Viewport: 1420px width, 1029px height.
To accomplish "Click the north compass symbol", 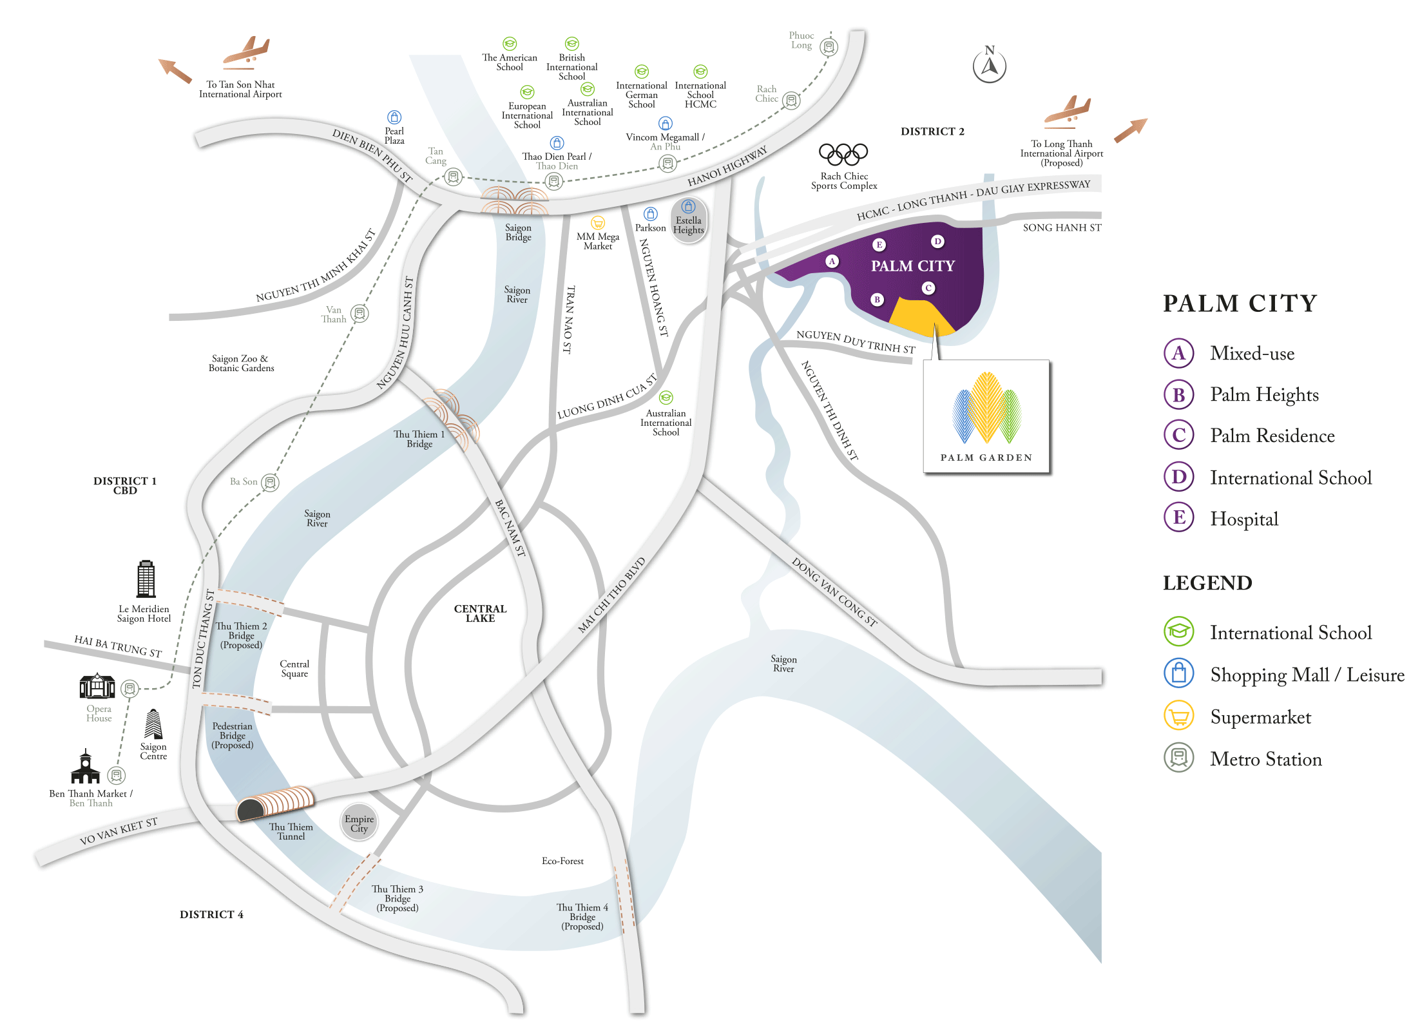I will click(x=989, y=65).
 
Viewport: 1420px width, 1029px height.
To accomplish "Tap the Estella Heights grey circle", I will click(x=689, y=221).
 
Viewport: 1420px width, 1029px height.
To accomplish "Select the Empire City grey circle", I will click(x=359, y=822).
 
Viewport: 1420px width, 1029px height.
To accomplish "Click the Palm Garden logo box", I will click(x=986, y=416).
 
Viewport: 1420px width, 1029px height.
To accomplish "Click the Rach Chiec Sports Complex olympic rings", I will click(x=843, y=154).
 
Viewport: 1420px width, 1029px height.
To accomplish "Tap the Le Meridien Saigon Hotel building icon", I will click(x=146, y=579).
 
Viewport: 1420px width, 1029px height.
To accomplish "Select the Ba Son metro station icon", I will click(x=271, y=482).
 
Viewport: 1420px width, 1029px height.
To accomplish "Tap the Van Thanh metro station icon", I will click(x=360, y=314).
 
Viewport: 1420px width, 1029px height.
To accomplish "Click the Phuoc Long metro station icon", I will click(x=829, y=47).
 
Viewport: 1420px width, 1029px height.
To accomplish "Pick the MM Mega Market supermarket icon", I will click(x=598, y=223).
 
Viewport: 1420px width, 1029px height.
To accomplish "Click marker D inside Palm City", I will click(x=937, y=242).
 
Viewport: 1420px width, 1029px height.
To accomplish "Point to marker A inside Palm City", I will click(x=832, y=261).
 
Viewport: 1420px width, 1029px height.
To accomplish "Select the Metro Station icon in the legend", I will click(x=1178, y=758).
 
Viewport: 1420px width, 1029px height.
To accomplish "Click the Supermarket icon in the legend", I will click(x=1178, y=716).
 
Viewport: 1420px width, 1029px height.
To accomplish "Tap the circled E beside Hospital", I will click(x=1178, y=517).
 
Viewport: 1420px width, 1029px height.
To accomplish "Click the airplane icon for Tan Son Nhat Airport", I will click(x=246, y=52).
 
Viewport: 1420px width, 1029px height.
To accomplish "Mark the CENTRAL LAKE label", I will click(x=480, y=613).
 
